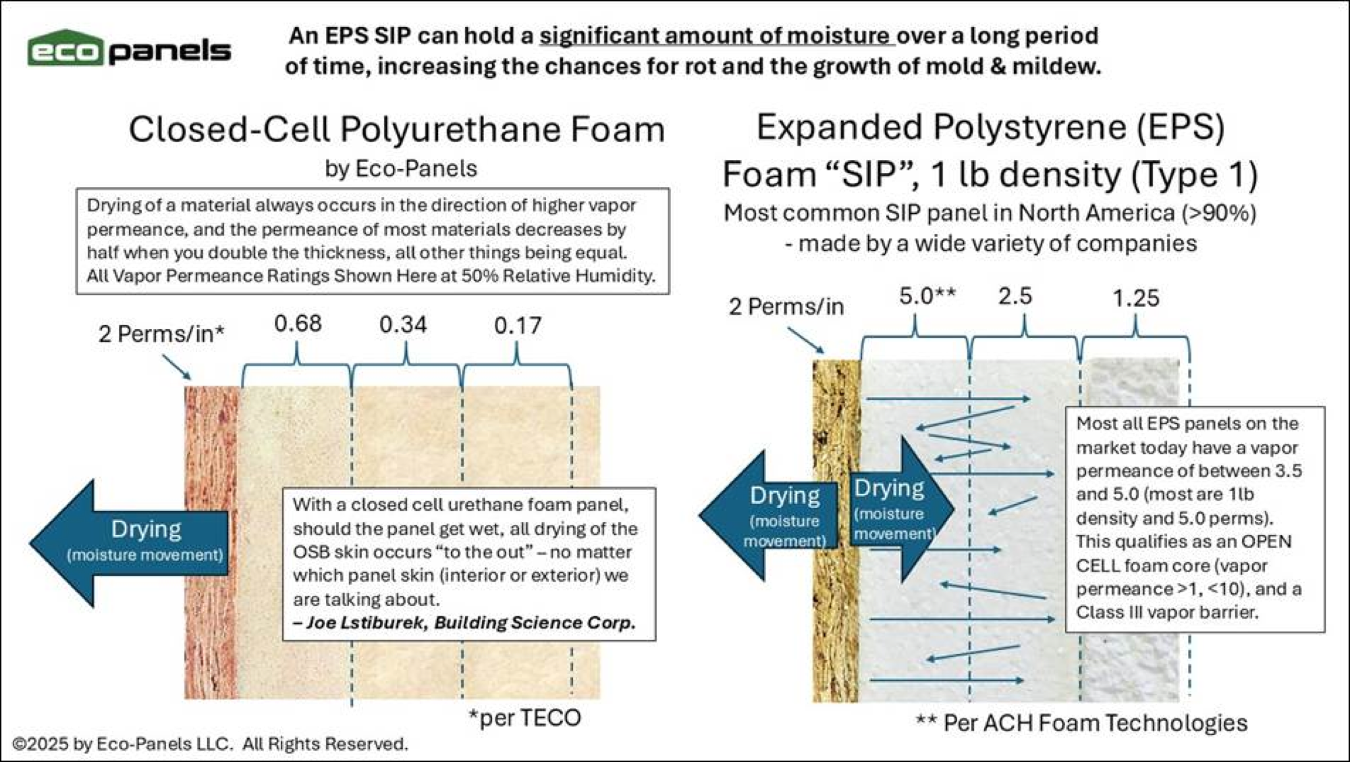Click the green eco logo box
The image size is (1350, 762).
[65, 50]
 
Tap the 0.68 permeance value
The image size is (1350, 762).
[298, 324]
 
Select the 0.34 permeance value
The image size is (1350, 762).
[403, 325]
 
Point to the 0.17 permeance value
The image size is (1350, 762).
[518, 326]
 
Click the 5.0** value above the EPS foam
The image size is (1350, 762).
[927, 296]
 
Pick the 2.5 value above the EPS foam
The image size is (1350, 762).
[1015, 297]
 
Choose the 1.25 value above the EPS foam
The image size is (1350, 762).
[1135, 298]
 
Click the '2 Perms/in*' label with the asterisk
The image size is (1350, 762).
[161, 334]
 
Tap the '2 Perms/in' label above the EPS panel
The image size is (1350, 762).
[786, 307]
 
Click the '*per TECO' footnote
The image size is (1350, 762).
[525, 718]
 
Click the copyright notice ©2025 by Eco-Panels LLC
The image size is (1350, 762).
[210, 744]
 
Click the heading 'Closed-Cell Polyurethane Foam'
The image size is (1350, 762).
[397, 129]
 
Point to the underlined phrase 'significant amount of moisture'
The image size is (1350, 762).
[716, 35]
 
